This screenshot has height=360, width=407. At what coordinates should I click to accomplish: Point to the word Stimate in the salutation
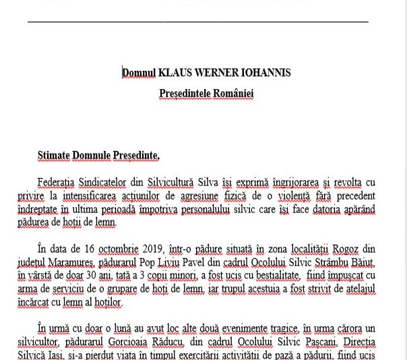(x=55, y=156)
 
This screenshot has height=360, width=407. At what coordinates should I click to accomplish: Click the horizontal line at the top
(x=198, y=22)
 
